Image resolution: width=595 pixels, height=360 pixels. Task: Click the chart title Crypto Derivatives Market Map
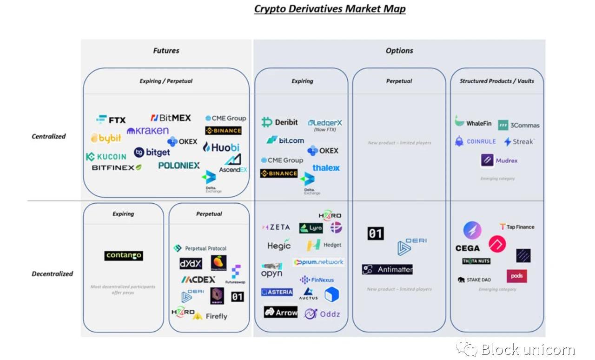pos(330,9)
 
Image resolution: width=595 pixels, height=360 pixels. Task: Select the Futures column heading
pos(166,51)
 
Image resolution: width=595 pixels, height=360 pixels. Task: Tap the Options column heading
pos(399,51)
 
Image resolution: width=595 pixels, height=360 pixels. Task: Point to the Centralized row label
pos(49,136)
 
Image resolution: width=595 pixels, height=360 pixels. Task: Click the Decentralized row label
pos(52,273)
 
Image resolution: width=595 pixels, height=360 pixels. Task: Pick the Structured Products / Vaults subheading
pos(496,81)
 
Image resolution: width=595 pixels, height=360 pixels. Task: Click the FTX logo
pos(111,120)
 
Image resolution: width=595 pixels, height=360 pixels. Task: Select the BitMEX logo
pos(171,118)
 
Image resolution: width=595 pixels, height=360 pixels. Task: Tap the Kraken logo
pos(148,131)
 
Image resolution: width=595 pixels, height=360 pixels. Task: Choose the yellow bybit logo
pos(106,138)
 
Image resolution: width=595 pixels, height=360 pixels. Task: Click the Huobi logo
pos(221,147)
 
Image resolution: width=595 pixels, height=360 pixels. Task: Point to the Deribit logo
pos(280,122)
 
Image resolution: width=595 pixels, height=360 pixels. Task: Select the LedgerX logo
pos(325,123)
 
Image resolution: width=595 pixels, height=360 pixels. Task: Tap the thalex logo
pos(326,168)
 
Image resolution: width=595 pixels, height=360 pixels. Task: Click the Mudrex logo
pos(499,160)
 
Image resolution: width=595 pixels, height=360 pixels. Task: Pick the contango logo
pos(123,255)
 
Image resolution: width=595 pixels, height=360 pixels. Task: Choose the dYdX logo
pos(191,264)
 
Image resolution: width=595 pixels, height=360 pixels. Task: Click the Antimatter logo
pos(387,269)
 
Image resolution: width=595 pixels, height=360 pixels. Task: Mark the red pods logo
pos(516,276)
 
